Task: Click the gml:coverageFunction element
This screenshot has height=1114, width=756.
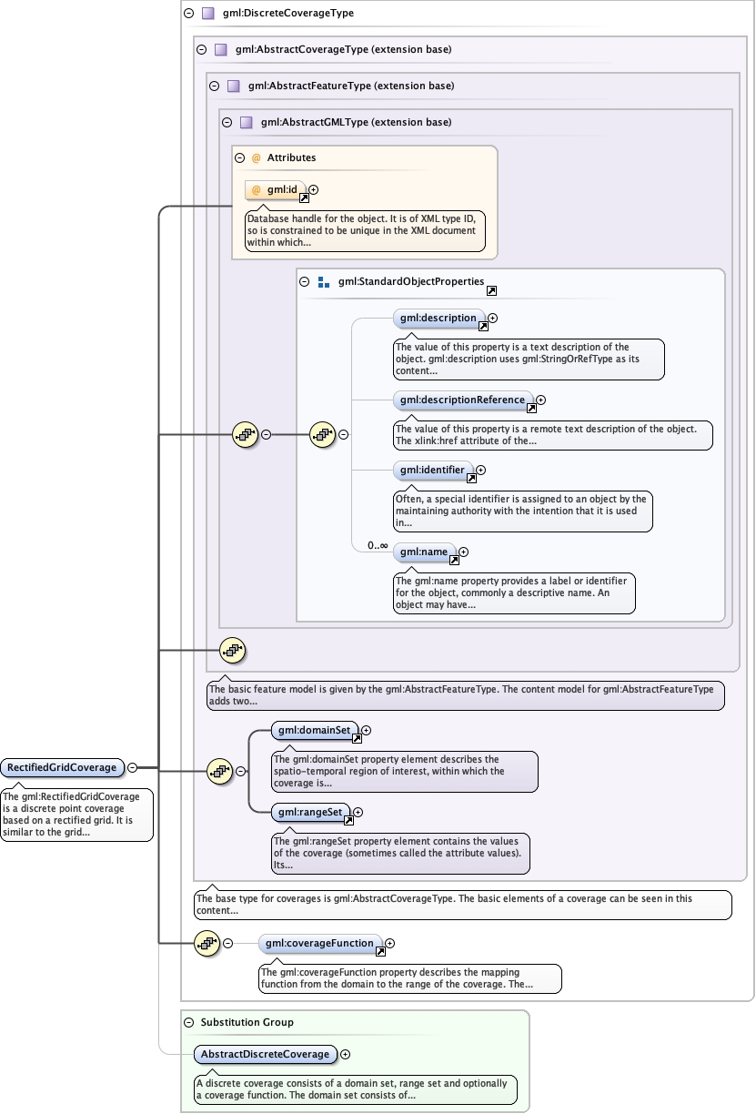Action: tap(320, 944)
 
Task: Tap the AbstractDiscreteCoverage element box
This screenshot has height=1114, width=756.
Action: tap(265, 1054)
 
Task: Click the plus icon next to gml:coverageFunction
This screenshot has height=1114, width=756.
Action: tap(390, 944)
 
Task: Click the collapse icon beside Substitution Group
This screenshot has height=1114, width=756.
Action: tap(188, 1022)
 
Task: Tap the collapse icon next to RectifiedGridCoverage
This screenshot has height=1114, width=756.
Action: tap(133, 767)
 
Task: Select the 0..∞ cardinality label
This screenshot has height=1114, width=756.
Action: tap(378, 545)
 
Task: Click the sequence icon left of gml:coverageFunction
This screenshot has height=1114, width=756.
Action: tap(207, 944)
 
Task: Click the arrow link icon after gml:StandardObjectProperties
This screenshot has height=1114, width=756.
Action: tap(491, 291)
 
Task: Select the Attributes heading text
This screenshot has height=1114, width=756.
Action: tap(291, 157)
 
